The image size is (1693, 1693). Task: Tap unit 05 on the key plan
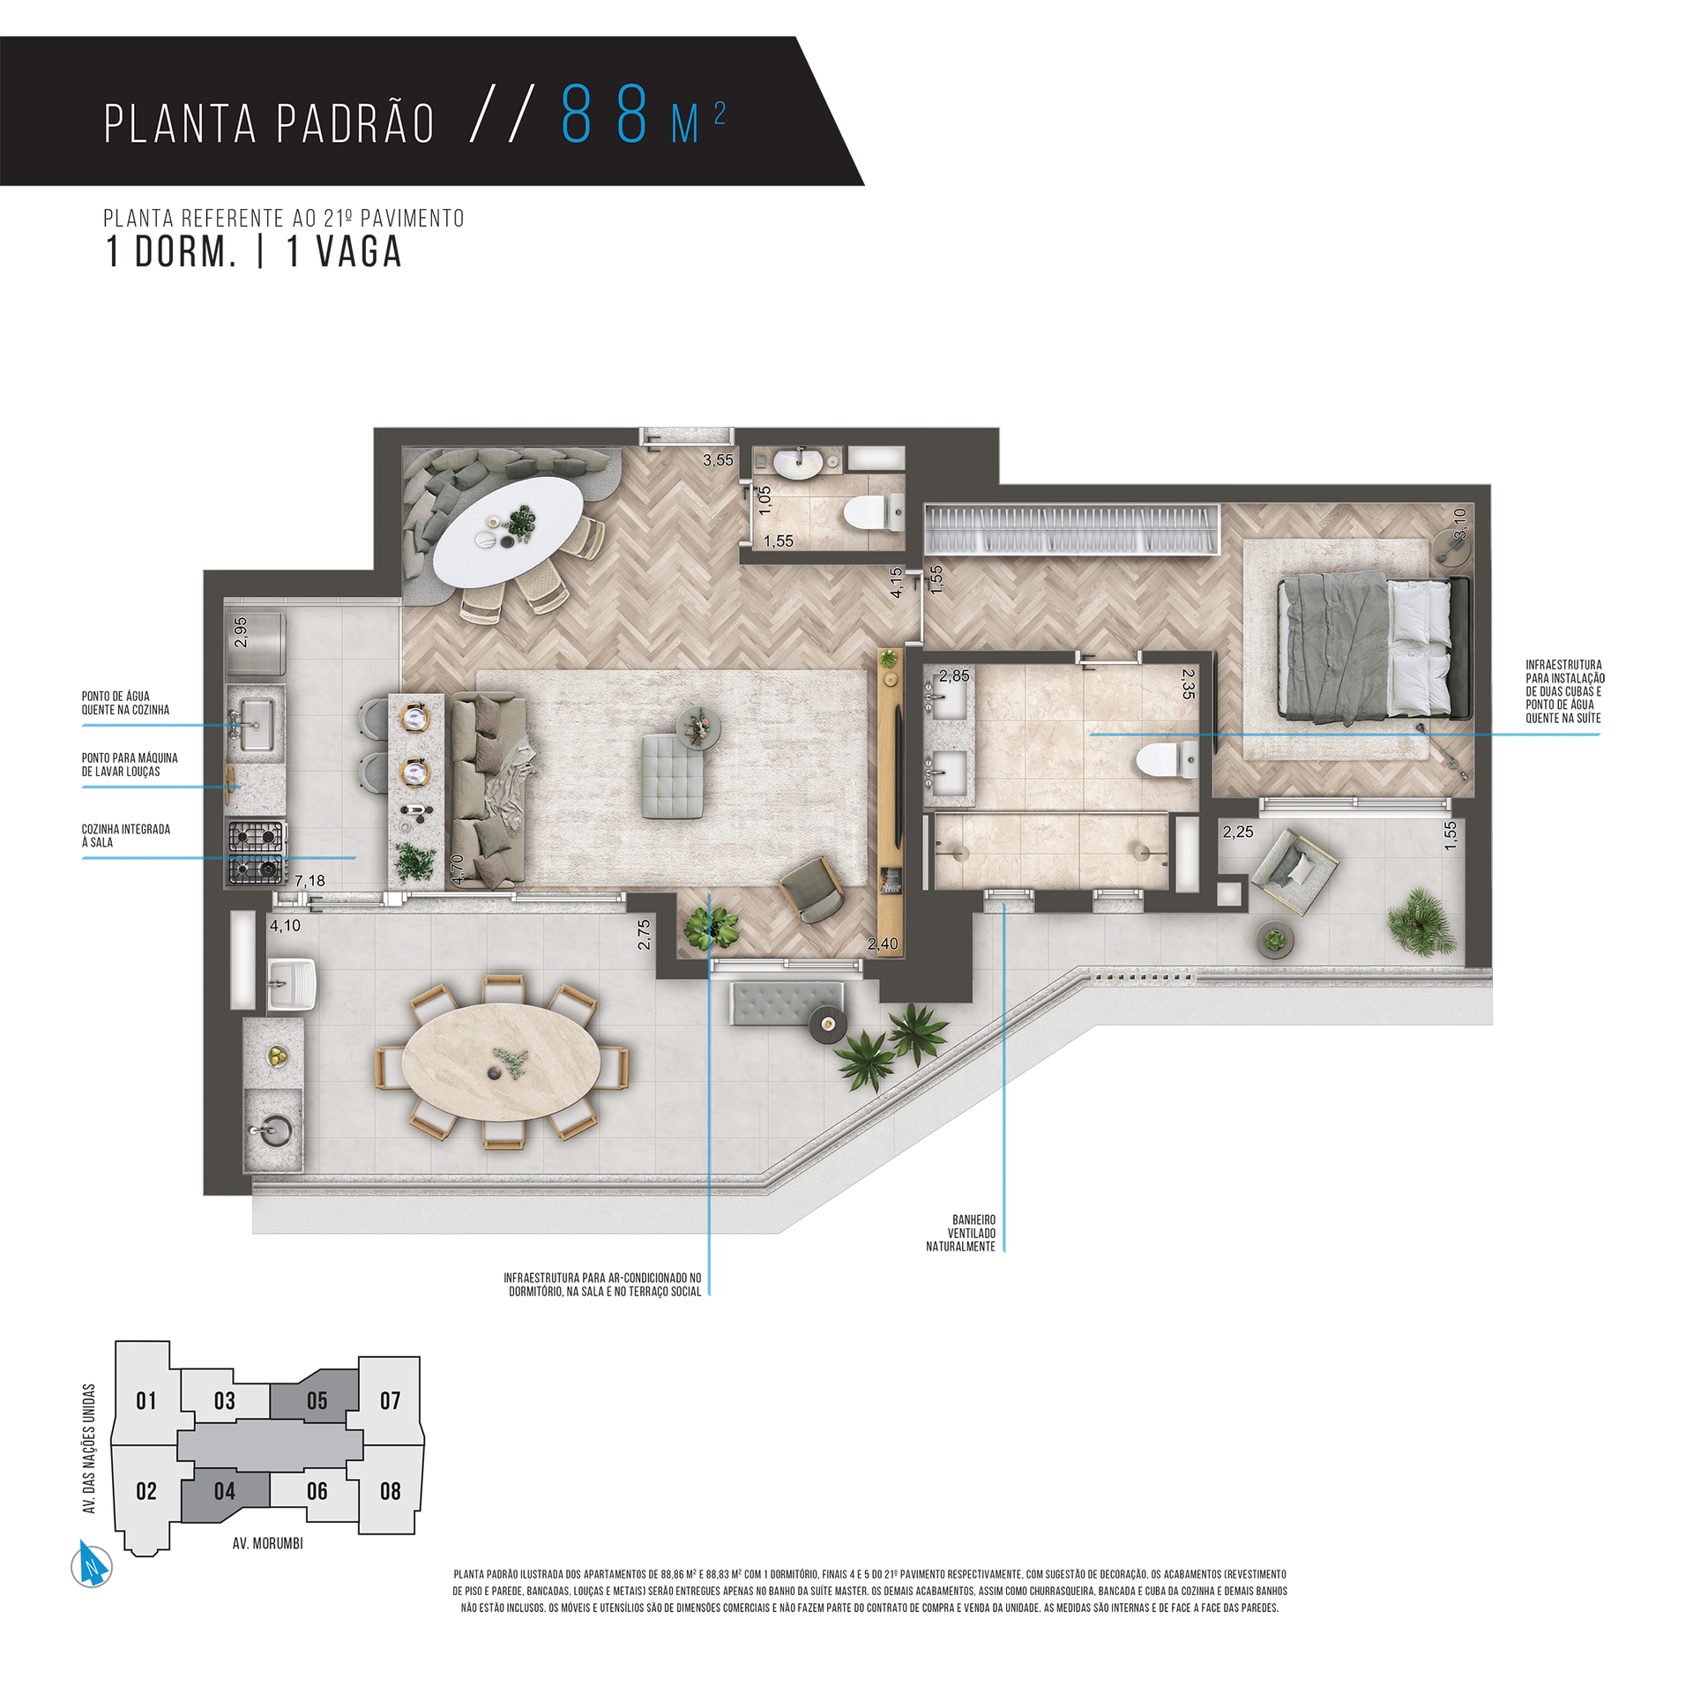pos(317,1400)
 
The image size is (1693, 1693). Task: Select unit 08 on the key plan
pos(390,1491)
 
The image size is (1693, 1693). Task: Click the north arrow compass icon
pos(92,1566)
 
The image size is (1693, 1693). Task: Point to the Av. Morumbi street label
pos(267,1543)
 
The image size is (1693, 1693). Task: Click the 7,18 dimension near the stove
pos(310,880)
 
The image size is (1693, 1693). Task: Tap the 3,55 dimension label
pos(718,459)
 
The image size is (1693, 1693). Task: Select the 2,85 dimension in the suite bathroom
pos(954,675)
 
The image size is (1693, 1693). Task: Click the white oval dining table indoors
pos(510,532)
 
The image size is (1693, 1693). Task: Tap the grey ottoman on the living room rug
pos(672,776)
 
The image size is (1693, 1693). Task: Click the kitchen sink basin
pos(257,724)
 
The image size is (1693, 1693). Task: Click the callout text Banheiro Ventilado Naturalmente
pos(960,1233)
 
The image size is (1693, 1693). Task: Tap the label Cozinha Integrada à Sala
pos(126,835)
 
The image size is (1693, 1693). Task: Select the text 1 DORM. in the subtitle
pos(171,252)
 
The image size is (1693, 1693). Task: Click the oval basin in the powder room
pos(798,463)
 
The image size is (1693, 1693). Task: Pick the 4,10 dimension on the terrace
pos(285,926)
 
